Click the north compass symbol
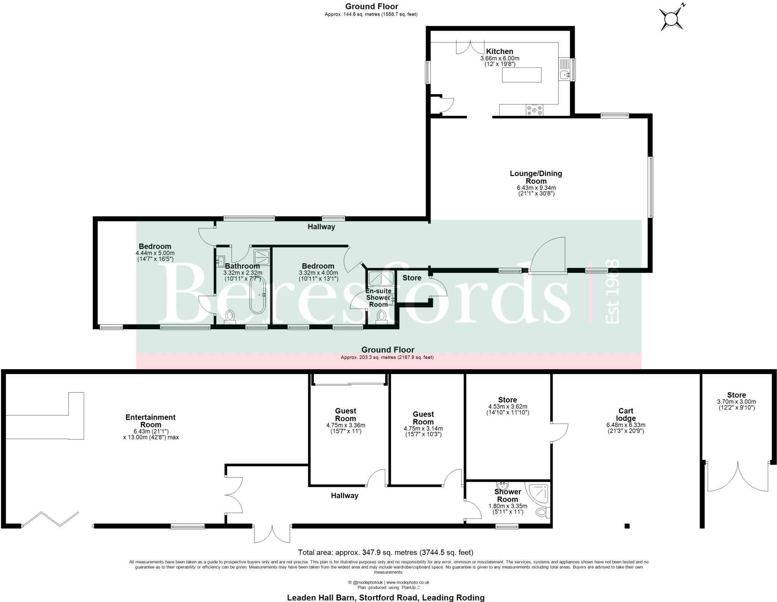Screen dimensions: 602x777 pyautogui.click(x=672, y=18)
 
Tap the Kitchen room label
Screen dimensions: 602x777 pyautogui.click(x=500, y=51)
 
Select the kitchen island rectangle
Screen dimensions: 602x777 pyautogui.click(x=522, y=75)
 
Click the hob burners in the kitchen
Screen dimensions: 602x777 pyautogui.click(x=534, y=110)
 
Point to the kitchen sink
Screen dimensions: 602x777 pyautogui.click(x=565, y=74)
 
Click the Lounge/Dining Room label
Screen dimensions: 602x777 pyautogui.click(x=536, y=177)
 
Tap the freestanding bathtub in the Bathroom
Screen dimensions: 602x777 pyautogui.click(x=257, y=300)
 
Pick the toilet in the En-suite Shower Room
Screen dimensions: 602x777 pyautogui.click(x=381, y=316)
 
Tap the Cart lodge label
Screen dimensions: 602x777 pyautogui.click(x=626, y=414)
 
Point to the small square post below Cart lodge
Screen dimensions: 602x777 pyautogui.click(x=627, y=526)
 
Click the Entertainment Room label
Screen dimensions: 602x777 pyautogui.click(x=151, y=421)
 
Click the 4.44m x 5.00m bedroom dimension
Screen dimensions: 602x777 pyautogui.click(x=155, y=253)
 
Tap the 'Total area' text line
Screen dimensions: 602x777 pyautogui.click(x=385, y=552)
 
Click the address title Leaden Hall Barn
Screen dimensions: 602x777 pyautogui.click(x=385, y=597)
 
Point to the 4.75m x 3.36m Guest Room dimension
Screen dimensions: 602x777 pyautogui.click(x=346, y=425)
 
